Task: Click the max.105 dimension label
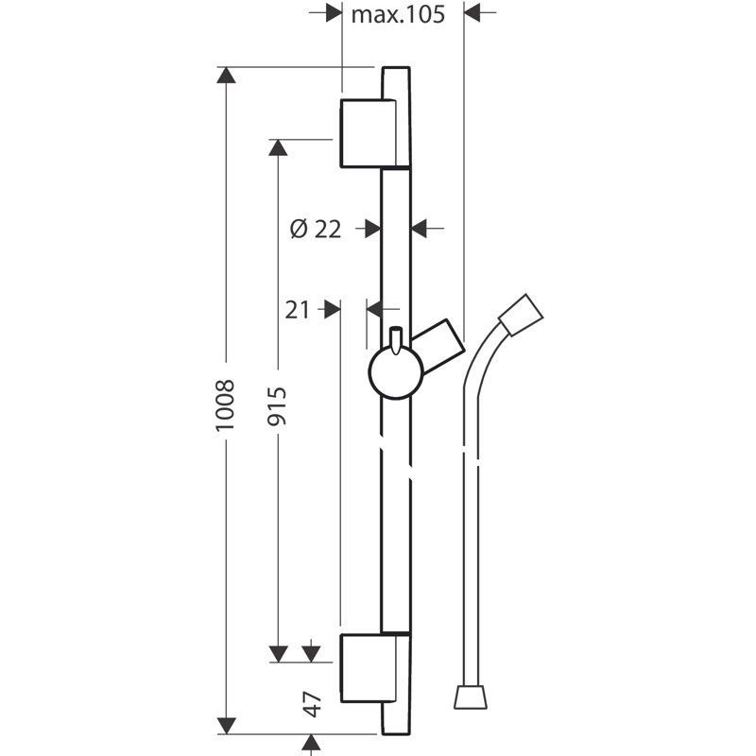pyautogui.click(x=398, y=14)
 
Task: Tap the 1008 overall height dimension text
pyautogui.click(x=225, y=406)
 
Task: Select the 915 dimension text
pyautogui.click(x=278, y=406)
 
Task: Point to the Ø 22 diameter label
pyautogui.click(x=316, y=228)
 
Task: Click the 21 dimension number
pyautogui.click(x=298, y=309)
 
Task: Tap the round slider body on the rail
pyautogui.click(x=396, y=372)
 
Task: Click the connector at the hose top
pyautogui.click(x=521, y=316)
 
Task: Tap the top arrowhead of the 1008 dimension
pyautogui.click(x=226, y=76)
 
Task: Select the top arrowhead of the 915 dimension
pyautogui.click(x=278, y=147)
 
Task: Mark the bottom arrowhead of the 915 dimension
pyautogui.click(x=278, y=653)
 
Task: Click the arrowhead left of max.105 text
pyautogui.click(x=332, y=13)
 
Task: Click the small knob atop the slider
pyautogui.click(x=397, y=337)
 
